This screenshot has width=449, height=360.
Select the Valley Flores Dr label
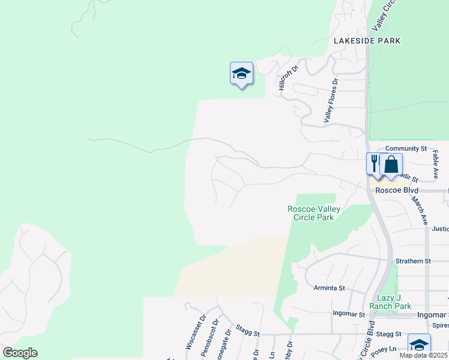[x=331, y=101]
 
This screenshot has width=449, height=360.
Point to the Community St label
[x=406, y=148]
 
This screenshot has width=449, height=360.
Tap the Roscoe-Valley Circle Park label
[x=314, y=213]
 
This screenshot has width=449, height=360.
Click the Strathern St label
[x=414, y=261]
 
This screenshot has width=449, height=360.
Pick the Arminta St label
[x=330, y=288]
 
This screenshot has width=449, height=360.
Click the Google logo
[x=20, y=352]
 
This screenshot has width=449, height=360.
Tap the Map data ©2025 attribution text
[x=423, y=355]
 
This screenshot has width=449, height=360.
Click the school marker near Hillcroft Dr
[x=241, y=74]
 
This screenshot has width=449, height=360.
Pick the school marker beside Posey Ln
[x=419, y=345]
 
